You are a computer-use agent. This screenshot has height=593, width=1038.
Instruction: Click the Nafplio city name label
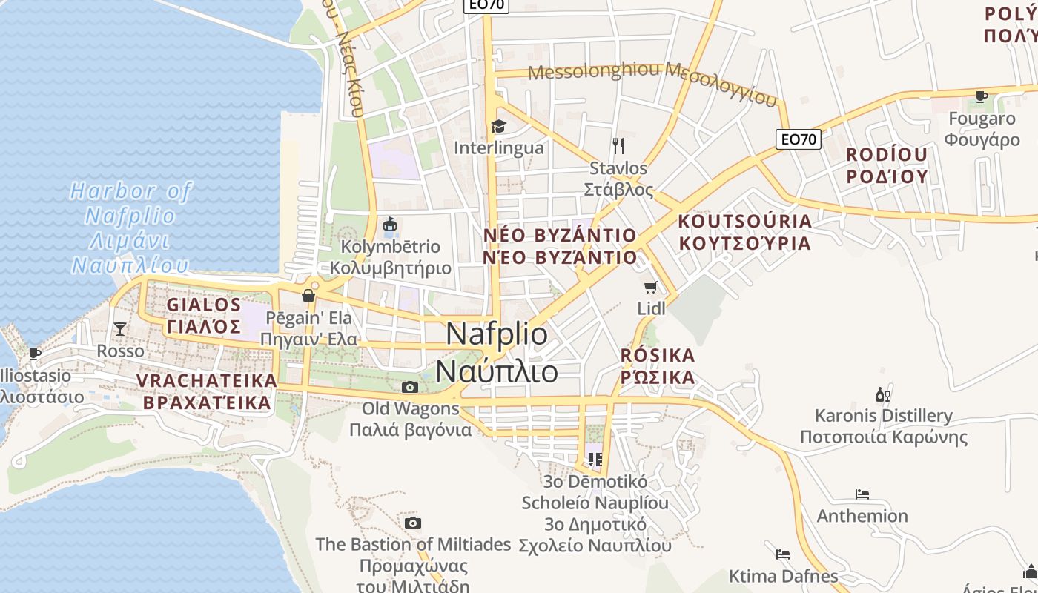tap(497, 352)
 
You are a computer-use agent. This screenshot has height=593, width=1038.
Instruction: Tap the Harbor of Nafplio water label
tap(130, 228)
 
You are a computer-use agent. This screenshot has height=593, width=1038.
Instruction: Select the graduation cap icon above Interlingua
tap(498, 127)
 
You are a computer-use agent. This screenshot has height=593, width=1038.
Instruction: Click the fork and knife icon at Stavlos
tap(619, 145)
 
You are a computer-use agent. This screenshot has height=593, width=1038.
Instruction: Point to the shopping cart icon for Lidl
tap(651, 287)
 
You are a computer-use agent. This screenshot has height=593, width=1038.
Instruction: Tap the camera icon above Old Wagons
tap(409, 387)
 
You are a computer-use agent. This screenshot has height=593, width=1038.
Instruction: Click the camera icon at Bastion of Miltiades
tap(413, 523)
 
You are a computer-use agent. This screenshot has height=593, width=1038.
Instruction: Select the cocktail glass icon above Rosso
tap(120, 328)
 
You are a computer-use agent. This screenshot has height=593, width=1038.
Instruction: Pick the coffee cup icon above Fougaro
tap(982, 96)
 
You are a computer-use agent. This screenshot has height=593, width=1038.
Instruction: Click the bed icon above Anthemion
tap(862, 494)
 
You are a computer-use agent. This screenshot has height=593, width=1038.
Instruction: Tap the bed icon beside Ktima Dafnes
tap(782, 554)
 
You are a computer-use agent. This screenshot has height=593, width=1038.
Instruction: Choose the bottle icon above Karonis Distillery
tap(882, 394)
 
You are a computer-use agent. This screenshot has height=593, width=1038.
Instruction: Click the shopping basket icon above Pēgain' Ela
tap(308, 296)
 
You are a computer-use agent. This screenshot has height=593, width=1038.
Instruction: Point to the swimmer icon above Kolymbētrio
tap(390, 224)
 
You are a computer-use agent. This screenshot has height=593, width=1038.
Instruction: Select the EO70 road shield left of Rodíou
tap(799, 139)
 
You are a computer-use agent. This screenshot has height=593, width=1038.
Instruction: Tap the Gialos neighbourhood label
tap(204, 315)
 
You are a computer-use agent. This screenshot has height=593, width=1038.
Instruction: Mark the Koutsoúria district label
tap(744, 232)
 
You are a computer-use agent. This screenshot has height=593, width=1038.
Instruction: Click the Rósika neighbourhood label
tap(658, 366)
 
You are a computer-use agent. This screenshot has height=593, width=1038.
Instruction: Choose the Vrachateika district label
tap(207, 391)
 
